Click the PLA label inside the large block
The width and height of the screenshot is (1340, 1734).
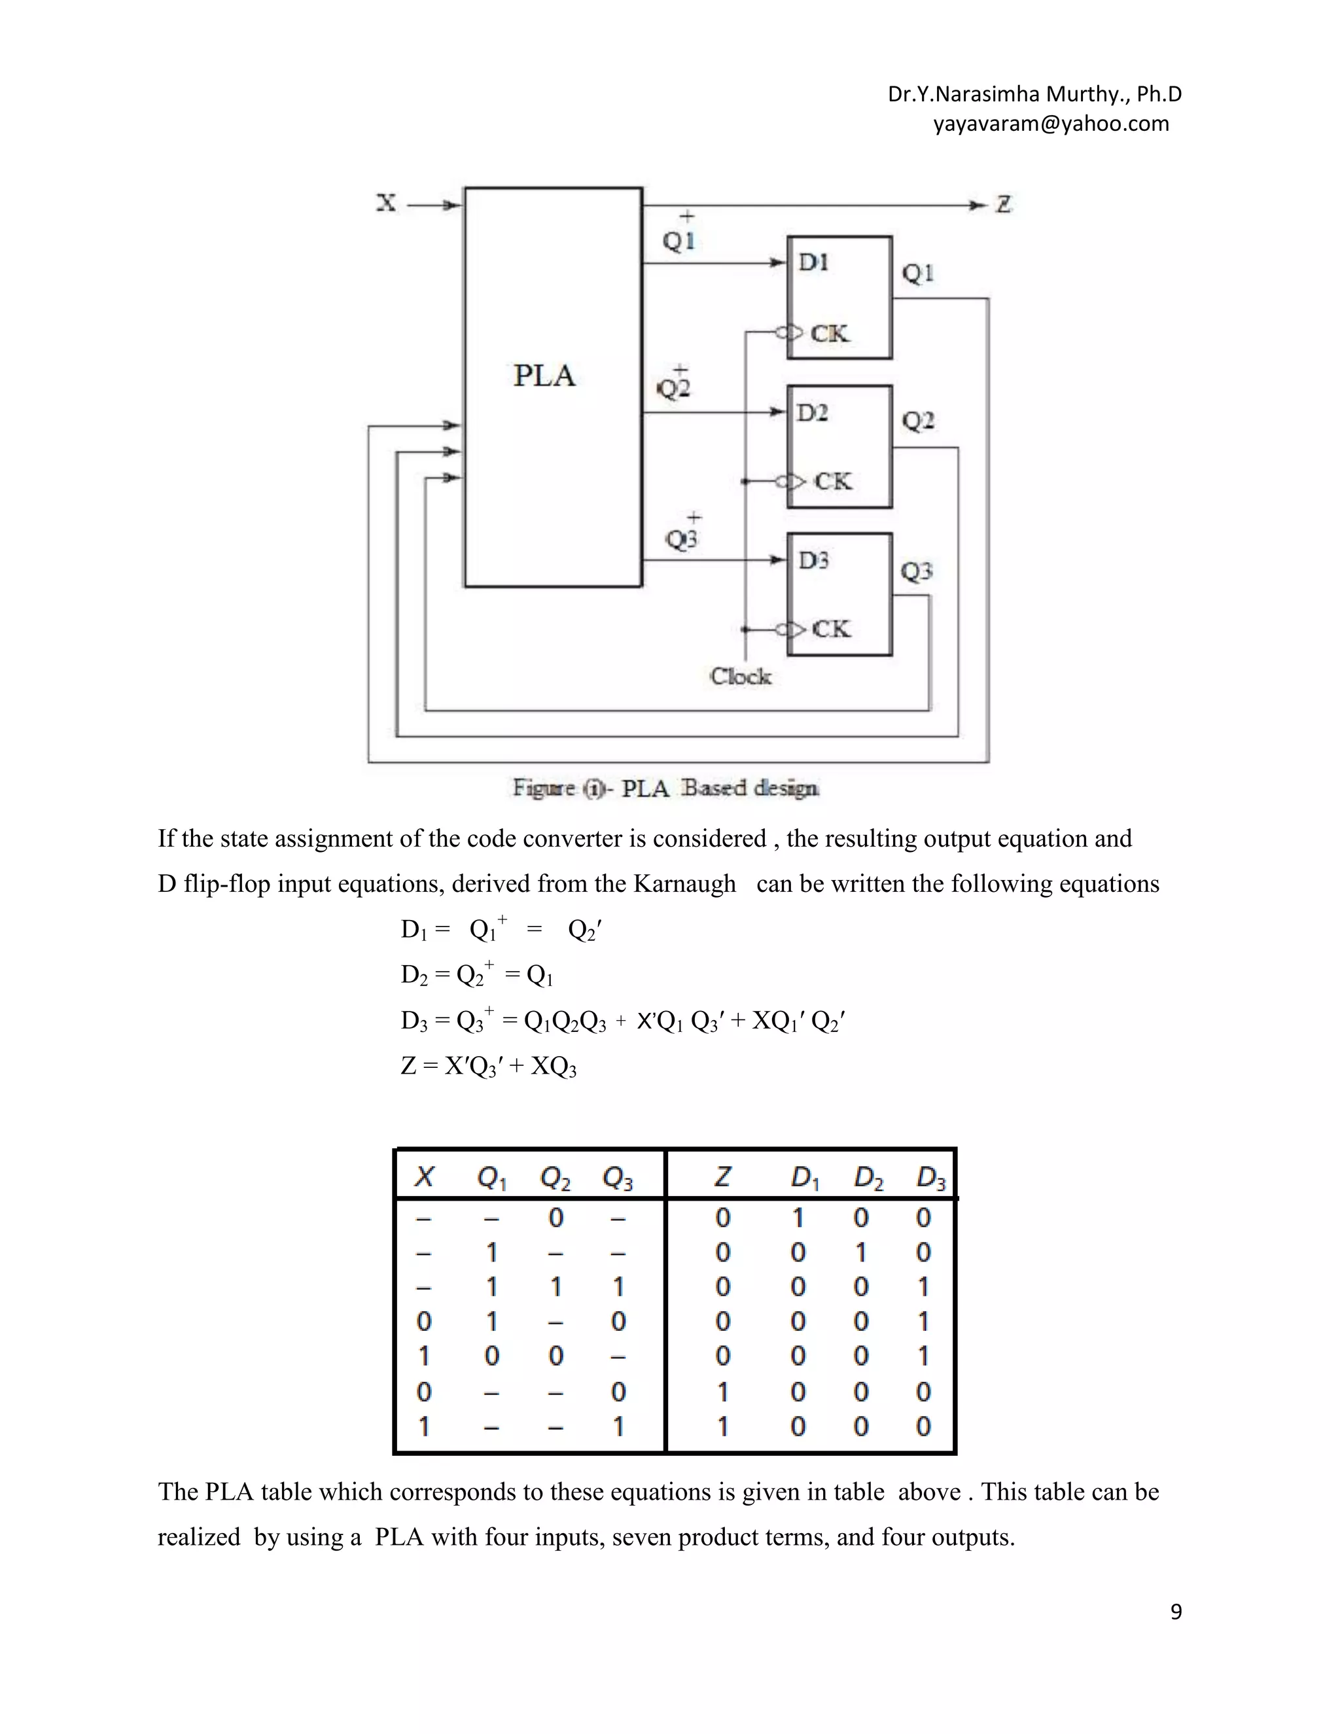(544, 376)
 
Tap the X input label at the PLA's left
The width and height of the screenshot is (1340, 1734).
(386, 203)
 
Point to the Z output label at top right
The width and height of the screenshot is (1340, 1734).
(1004, 205)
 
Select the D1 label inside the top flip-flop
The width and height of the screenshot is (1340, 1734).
(813, 263)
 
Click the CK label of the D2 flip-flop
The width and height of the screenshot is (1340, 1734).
(833, 481)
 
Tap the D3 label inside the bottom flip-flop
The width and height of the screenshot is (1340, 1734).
(813, 561)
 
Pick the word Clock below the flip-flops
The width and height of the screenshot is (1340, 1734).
(740, 677)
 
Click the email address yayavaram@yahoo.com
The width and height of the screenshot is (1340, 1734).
(1050, 124)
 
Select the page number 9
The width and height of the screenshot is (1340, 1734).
(1176, 1612)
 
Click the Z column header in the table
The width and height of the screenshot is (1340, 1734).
(722, 1177)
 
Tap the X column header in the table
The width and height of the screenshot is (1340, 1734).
(424, 1177)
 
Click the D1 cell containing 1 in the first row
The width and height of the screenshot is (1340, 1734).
(798, 1218)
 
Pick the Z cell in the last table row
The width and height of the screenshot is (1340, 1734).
(722, 1426)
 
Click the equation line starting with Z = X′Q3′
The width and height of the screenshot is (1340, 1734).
(488, 1065)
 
